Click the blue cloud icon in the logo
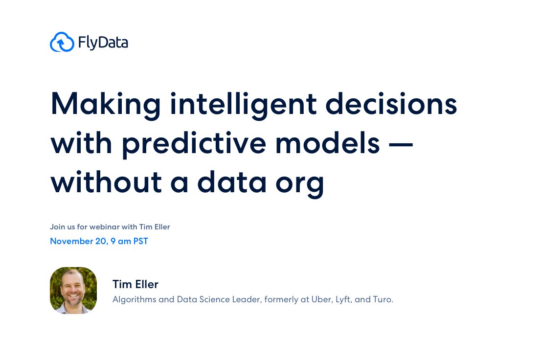62,43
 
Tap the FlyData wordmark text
103,43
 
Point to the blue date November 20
78,241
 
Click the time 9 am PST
130,241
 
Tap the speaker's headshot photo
73,291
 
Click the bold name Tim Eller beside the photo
135,284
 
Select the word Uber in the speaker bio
320,299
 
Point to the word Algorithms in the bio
134,299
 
